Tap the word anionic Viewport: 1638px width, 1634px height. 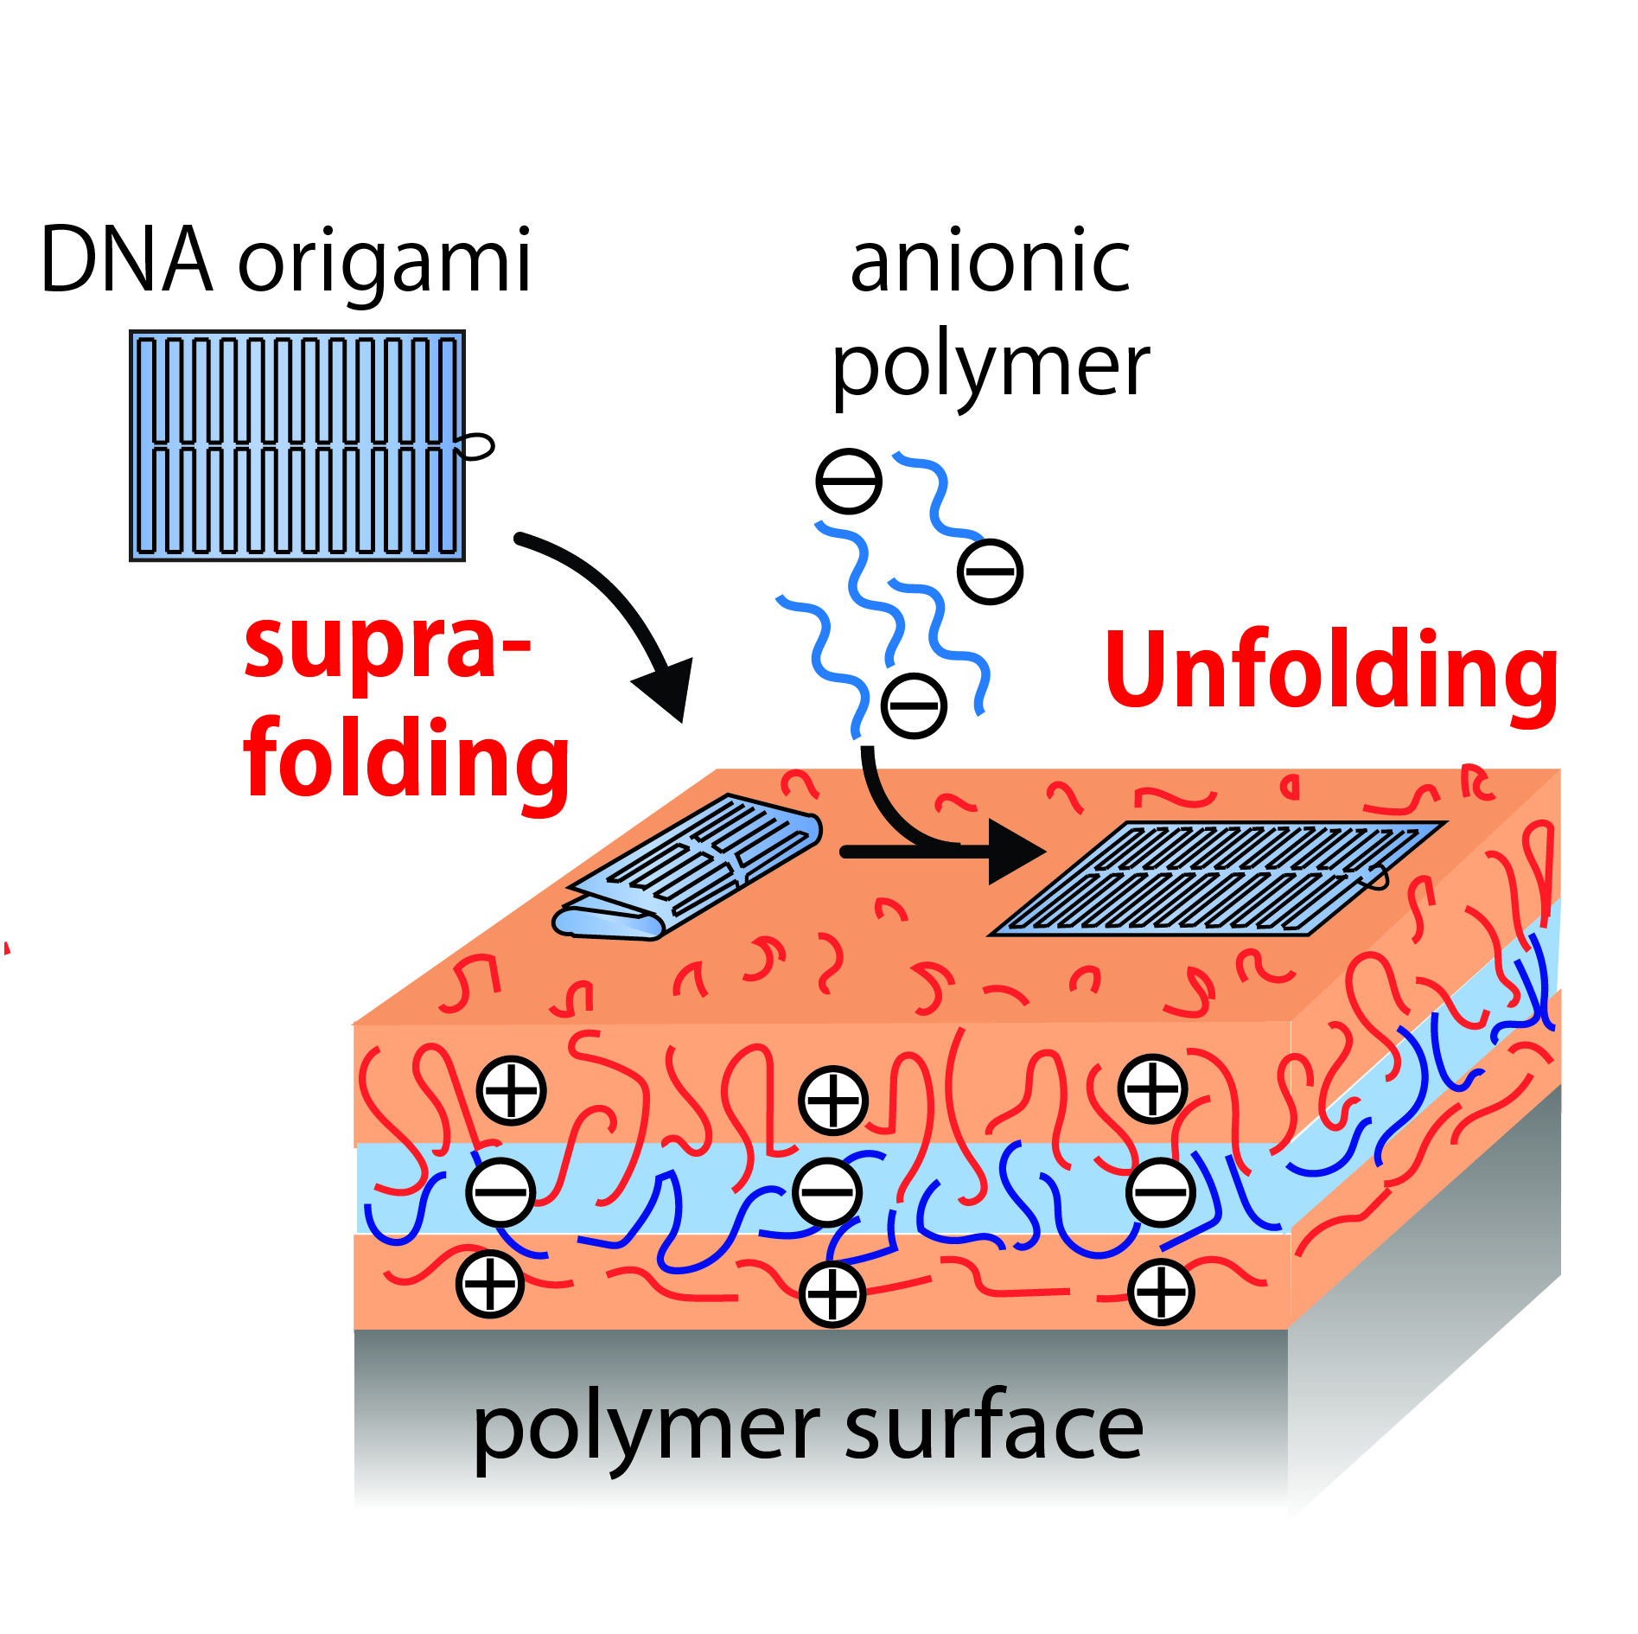click(990, 262)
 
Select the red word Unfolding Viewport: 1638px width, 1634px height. click(1331, 670)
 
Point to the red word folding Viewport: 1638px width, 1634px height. click(406, 759)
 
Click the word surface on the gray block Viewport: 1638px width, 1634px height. click(993, 1427)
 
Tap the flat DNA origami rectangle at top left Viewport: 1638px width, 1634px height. click(296, 445)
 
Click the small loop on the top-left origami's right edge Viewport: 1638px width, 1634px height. click(478, 446)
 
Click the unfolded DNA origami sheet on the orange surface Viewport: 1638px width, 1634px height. click(1214, 878)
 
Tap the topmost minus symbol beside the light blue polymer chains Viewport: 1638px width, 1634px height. click(849, 482)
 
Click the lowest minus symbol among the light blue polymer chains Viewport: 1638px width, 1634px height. click(914, 705)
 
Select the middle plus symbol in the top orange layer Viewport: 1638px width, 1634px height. click(833, 1101)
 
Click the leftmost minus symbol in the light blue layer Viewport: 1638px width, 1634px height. click(500, 1192)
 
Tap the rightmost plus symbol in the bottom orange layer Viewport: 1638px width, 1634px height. click(1161, 1293)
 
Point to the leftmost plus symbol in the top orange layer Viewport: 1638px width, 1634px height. click(512, 1090)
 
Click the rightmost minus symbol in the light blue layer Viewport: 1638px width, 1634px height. click(1161, 1192)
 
